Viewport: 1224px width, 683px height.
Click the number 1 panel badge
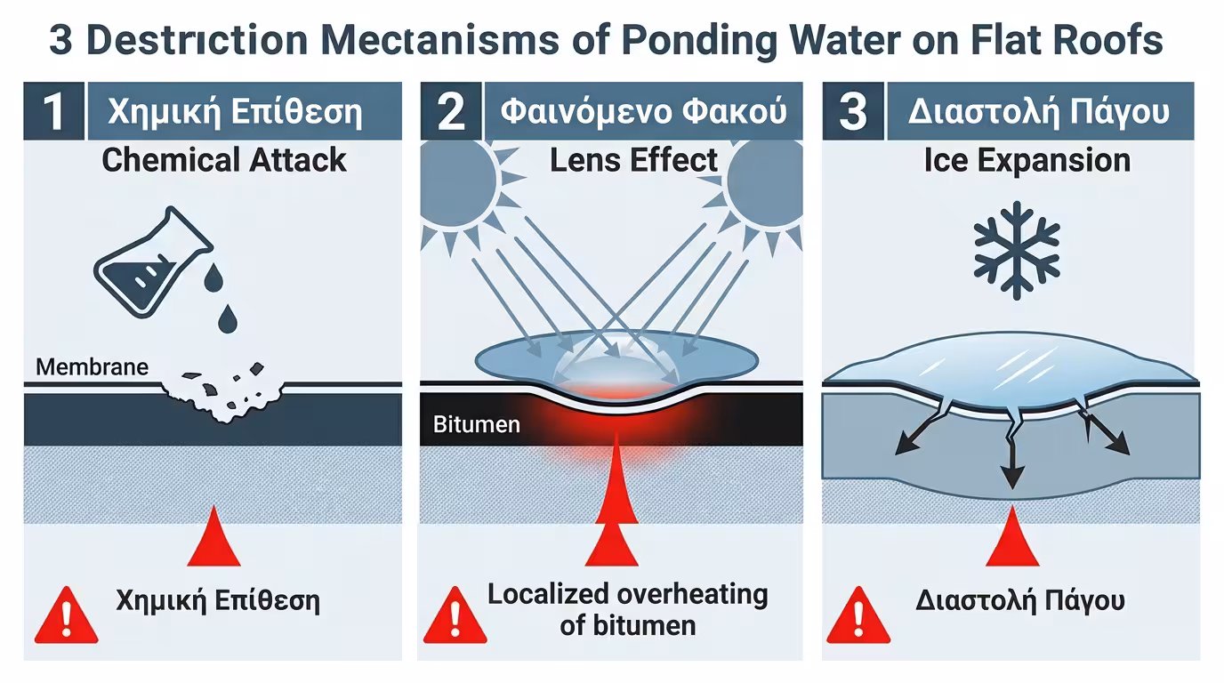coord(53,113)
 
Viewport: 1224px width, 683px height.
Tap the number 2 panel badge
coord(451,113)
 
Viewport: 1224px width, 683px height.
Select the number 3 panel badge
coord(853,113)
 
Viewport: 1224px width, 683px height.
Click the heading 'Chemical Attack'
coord(224,160)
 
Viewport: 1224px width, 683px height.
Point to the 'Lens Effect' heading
coord(633,160)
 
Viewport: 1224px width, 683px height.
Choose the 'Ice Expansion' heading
coord(1027,160)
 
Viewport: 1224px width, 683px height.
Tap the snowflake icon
coord(1017,248)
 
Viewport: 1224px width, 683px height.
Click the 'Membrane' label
coord(93,366)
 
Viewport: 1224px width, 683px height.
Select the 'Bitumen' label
coord(477,424)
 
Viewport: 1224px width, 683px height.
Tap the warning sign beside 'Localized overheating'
coord(455,615)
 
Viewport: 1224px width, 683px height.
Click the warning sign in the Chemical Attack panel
coord(66,615)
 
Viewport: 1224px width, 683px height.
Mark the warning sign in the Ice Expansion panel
coord(858,615)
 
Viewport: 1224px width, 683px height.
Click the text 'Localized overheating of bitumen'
coord(627,608)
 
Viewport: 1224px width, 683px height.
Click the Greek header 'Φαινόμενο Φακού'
coord(643,113)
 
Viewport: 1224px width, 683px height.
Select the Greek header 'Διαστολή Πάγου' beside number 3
coord(1038,113)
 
